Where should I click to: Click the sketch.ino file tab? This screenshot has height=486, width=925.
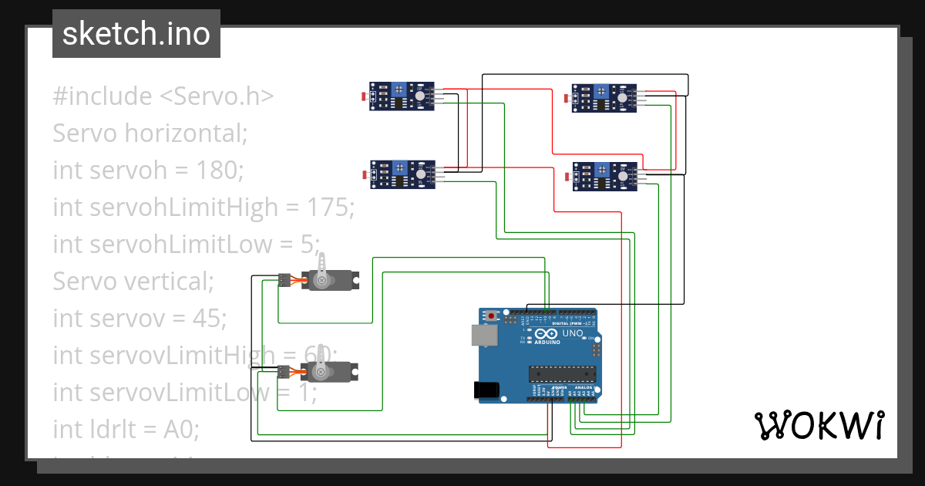(x=136, y=34)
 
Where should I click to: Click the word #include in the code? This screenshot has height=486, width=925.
(x=103, y=96)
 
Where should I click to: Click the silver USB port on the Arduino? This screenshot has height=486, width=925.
(x=484, y=334)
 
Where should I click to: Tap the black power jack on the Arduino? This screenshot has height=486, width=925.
(x=486, y=390)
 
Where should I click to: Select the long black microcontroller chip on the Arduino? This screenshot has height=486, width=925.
(x=562, y=374)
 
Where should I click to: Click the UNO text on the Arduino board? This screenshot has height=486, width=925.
(x=573, y=334)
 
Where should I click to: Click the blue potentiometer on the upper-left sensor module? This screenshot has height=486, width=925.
(x=399, y=89)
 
